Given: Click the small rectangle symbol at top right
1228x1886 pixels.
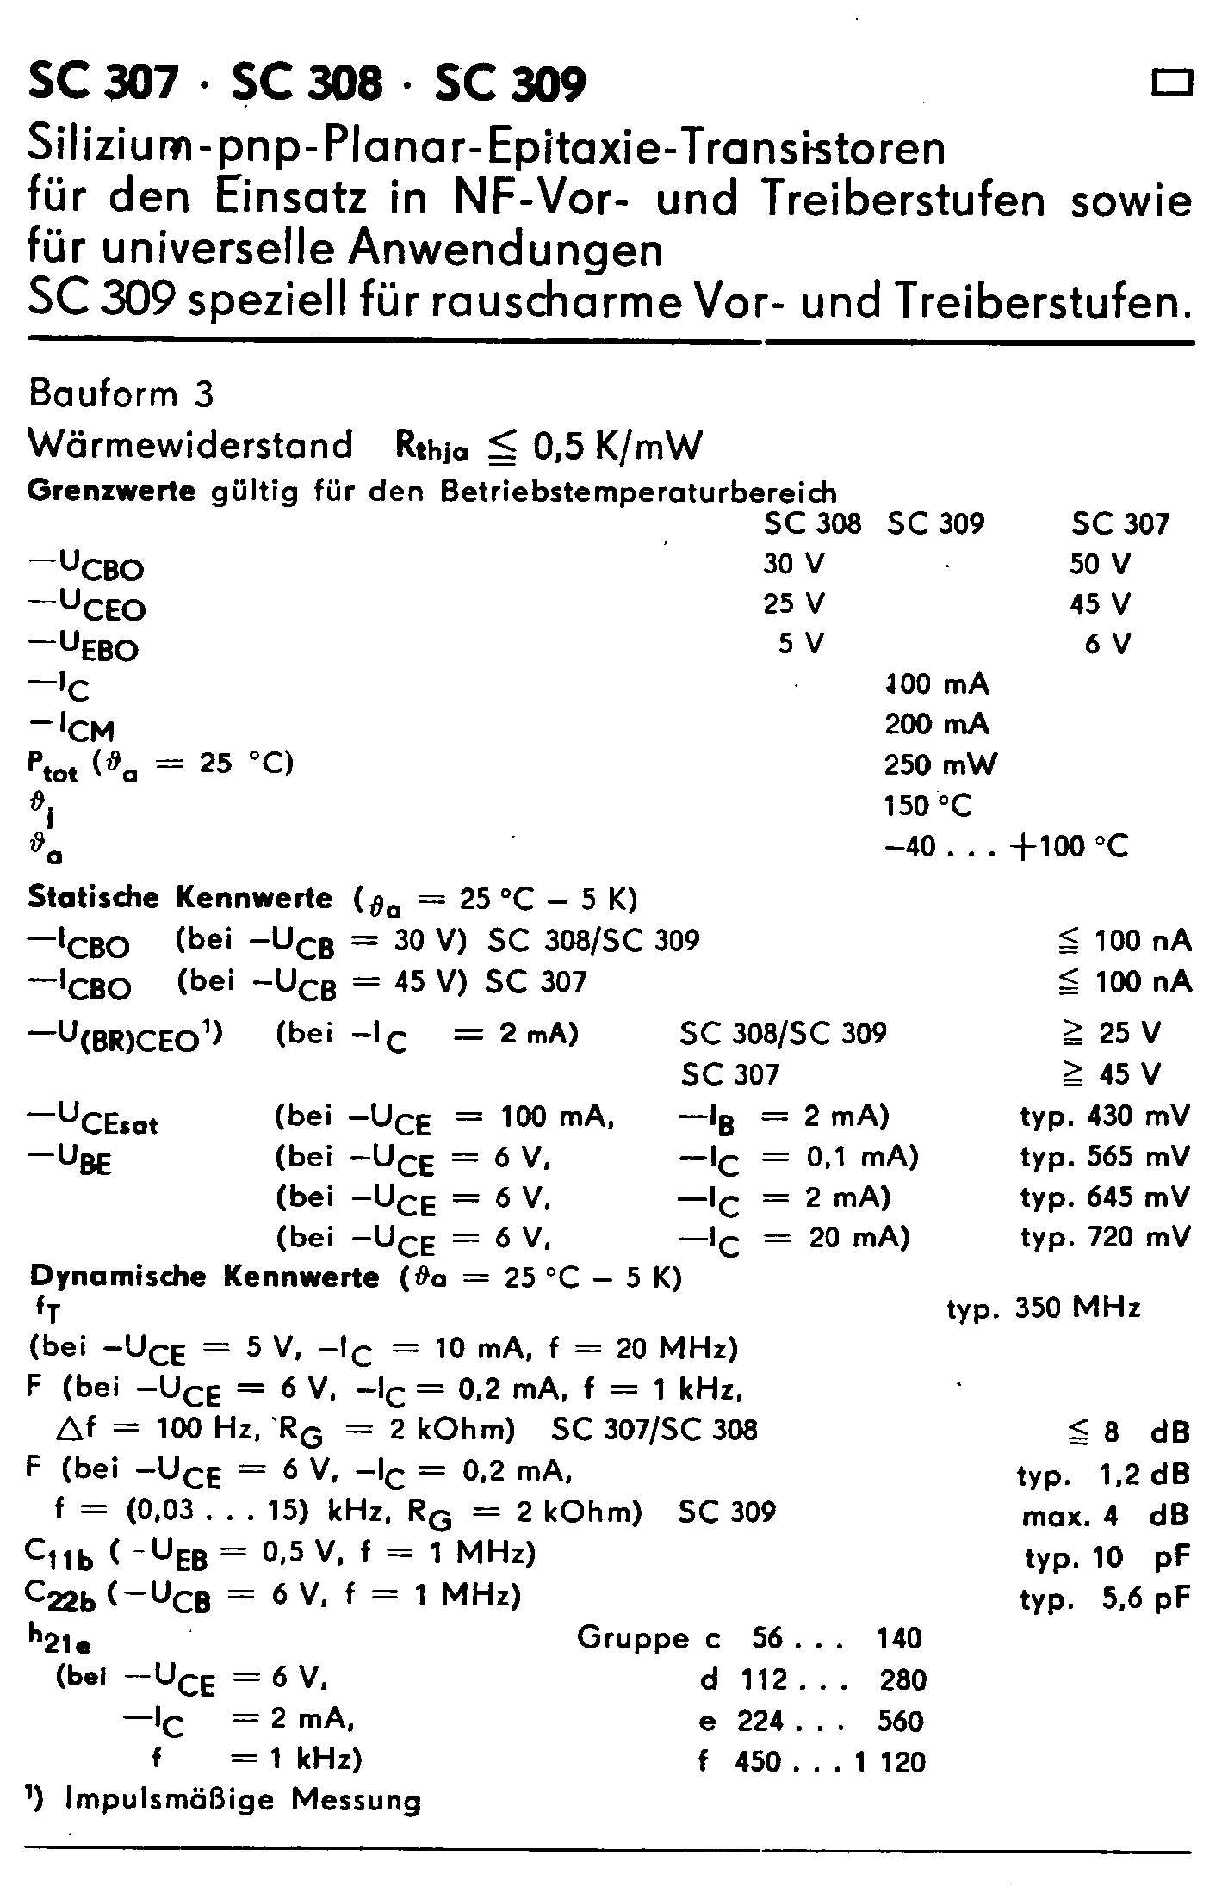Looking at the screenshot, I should click(1172, 83).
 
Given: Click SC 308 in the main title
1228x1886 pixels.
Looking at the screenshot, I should click(307, 84).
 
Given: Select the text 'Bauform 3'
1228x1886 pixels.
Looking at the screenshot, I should click(121, 394).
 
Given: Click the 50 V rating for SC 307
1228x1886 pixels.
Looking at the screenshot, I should click(1100, 564).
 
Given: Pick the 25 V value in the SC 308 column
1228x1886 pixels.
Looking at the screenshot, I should click(793, 603).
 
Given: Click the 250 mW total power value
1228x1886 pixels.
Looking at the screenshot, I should click(940, 764).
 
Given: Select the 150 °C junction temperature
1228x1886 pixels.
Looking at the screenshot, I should click(927, 806).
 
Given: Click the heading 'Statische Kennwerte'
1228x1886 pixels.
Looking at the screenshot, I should click(179, 898).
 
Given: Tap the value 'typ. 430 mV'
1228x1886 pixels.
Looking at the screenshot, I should click(1105, 1116).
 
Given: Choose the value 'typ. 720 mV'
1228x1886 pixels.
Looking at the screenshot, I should click(1105, 1238).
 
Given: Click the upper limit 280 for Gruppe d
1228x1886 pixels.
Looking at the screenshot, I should click(902, 1679).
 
